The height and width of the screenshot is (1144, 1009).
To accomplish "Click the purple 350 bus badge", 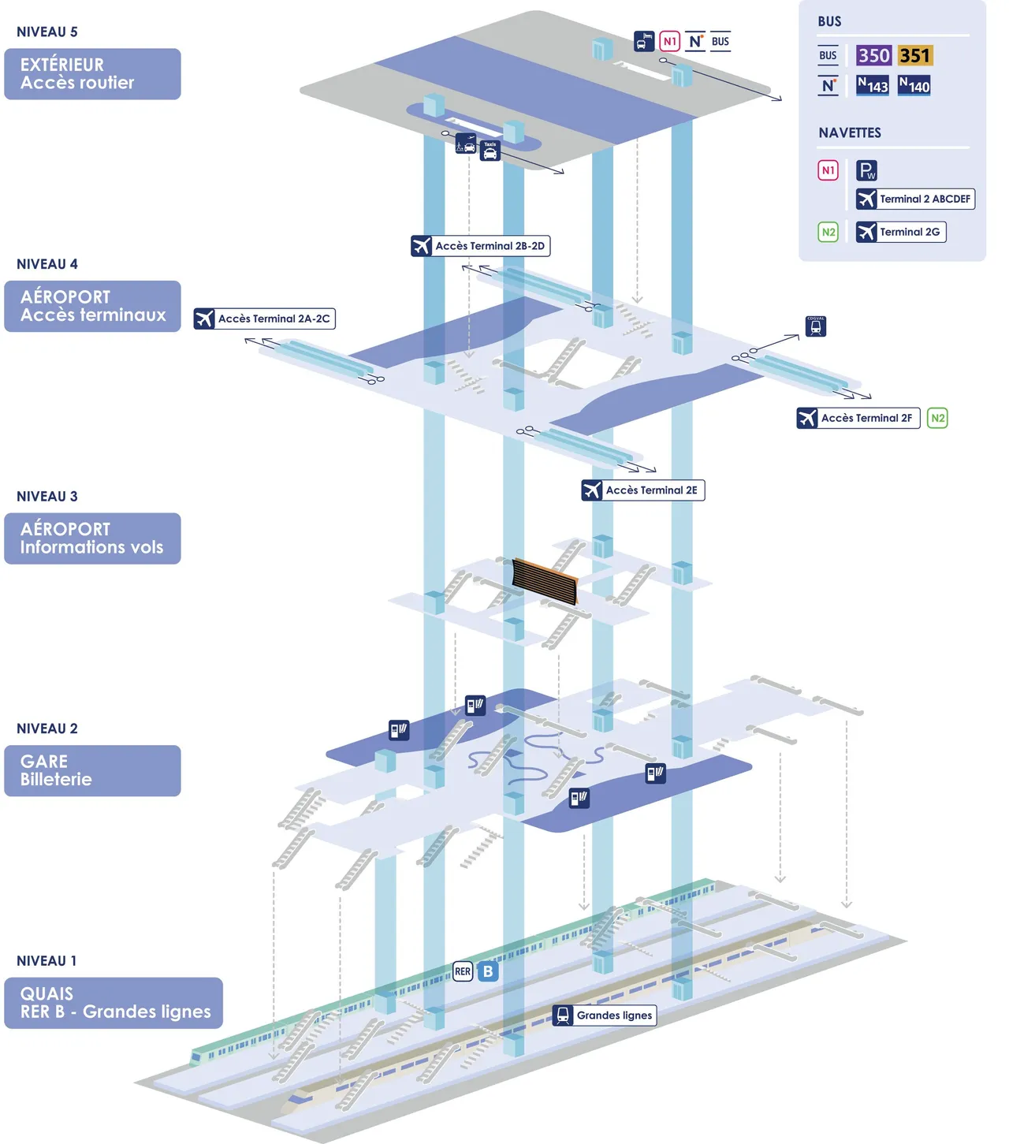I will point(873,56).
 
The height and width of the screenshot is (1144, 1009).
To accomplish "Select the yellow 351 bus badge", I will point(914,56).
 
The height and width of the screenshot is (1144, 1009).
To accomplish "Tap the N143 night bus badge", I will point(873,86).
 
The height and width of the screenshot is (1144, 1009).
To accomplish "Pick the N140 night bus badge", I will point(914,86).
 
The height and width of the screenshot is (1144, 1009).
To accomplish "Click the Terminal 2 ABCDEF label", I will point(915,199).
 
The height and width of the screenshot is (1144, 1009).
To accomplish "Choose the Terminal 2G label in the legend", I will point(901,233).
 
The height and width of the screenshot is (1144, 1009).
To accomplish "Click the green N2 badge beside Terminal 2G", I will point(828,233).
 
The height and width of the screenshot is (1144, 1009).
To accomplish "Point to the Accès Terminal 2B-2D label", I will point(481,246).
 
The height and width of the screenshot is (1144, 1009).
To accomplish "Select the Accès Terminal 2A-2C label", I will point(265,319).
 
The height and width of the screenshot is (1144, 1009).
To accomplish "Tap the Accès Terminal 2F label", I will point(858,418).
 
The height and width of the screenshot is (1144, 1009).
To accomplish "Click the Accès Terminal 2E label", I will point(643,490).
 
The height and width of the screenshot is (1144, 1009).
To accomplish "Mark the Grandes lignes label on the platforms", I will point(605,1015).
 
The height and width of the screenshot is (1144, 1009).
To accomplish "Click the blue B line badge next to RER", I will point(488,971).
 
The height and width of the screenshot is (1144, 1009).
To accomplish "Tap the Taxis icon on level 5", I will point(490,151).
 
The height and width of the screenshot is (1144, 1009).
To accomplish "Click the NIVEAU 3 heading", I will point(47,497).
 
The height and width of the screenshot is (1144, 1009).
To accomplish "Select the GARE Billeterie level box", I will point(92,770).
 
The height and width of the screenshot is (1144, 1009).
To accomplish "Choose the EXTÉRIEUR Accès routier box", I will point(92,74).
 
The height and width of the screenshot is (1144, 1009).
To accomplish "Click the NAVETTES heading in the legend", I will point(850,133).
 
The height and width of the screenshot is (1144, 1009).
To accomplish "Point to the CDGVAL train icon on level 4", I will point(816,326).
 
